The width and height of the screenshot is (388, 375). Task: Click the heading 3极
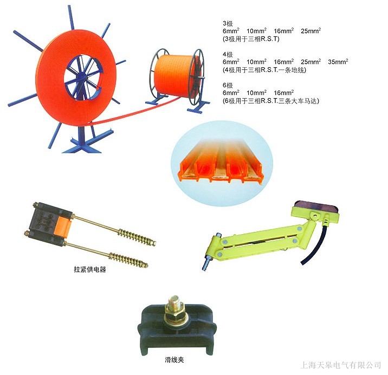tap(228, 24)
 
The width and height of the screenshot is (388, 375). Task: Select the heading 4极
tap(228, 55)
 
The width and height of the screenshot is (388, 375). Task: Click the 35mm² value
tap(338, 62)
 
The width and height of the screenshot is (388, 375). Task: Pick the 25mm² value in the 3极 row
tap(311, 31)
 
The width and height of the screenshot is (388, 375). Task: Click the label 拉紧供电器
tap(89, 269)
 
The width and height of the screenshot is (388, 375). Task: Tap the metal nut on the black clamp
tap(174, 308)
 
